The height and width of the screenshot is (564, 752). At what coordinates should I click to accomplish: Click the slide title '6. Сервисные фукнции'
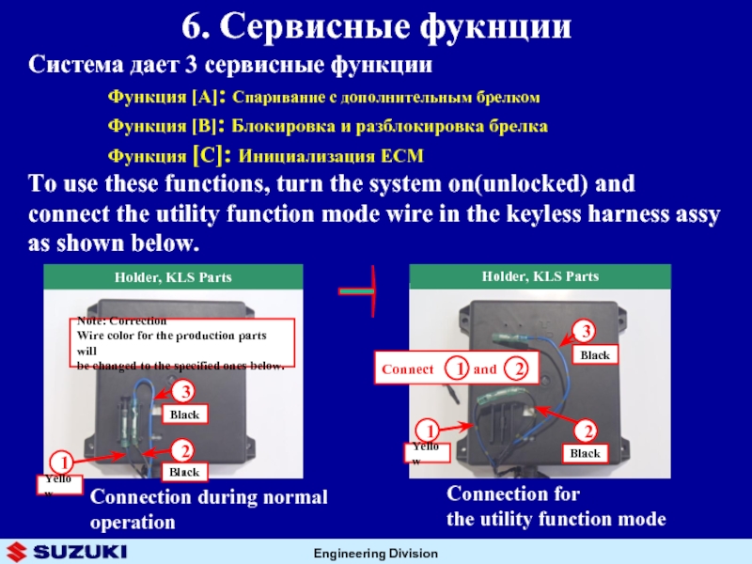pos(375,26)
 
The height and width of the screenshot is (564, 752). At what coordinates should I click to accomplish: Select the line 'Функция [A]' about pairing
pos(323,97)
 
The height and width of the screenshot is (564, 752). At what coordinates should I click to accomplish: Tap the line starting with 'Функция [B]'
pos(327,125)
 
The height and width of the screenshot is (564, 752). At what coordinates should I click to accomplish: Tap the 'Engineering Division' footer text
pos(377,552)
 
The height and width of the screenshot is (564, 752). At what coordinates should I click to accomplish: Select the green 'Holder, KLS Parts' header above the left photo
pos(174,277)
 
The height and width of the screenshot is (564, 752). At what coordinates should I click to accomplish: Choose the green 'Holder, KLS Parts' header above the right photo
pos(540,276)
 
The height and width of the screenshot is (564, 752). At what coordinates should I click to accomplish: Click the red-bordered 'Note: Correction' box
pos(184,342)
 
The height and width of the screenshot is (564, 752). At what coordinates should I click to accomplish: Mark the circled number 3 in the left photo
pos(187,391)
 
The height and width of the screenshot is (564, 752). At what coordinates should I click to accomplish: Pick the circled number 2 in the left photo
pos(187,449)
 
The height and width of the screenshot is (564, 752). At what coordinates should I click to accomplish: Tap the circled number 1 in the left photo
pos(64,462)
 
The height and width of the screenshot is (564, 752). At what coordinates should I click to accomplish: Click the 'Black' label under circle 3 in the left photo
pos(184,414)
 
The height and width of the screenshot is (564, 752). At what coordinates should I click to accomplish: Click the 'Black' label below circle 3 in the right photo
pos(595,355)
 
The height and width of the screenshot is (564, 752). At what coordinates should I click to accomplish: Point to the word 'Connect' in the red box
pos(408,369)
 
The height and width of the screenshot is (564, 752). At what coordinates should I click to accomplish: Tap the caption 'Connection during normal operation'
pos(209,509)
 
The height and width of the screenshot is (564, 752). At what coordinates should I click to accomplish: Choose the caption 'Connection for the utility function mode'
pos(556,507)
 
